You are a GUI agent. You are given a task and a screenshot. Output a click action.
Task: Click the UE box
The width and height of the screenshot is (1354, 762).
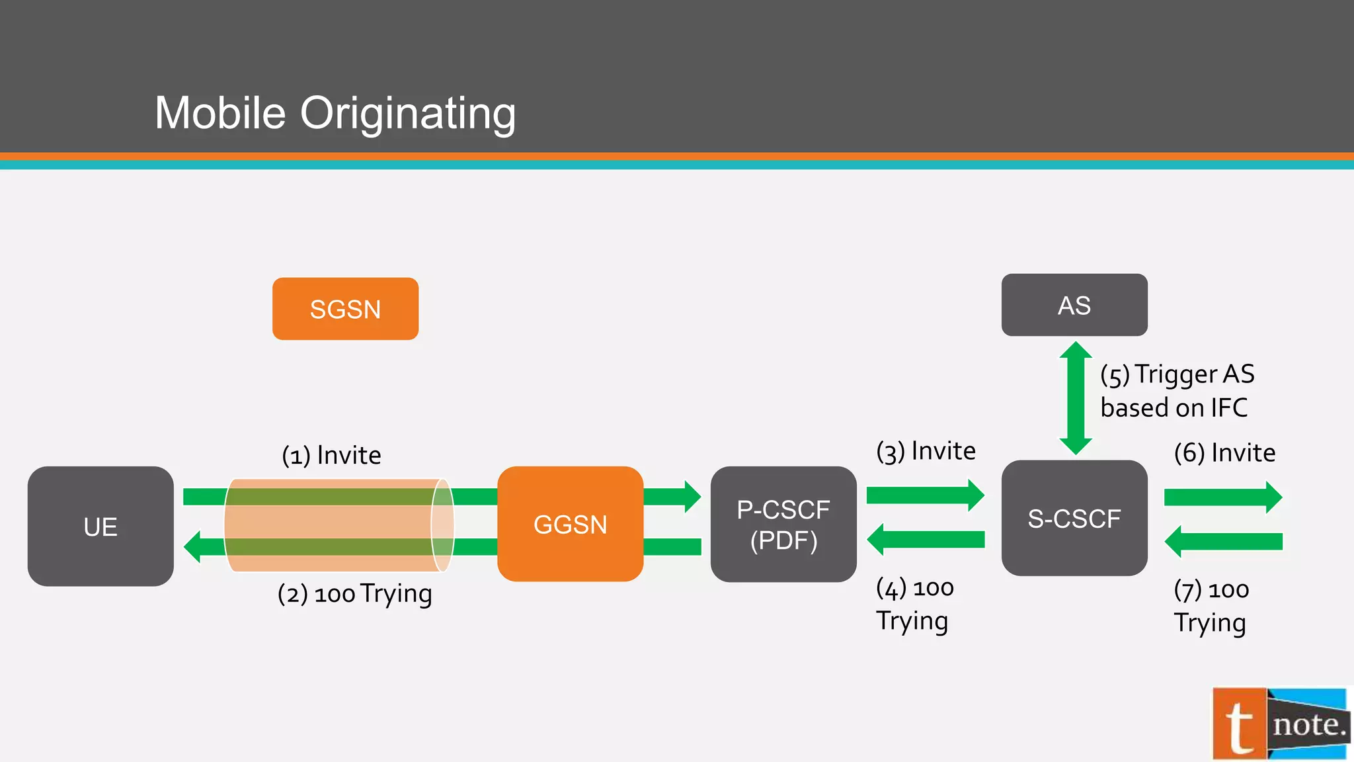[100, 527]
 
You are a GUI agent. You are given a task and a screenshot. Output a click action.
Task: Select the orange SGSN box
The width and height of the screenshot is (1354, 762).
[345, 309]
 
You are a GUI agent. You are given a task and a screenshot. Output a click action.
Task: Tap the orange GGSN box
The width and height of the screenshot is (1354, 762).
[570, 524]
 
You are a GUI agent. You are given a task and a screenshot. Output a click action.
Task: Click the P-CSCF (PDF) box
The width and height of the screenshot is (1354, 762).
[783, 524]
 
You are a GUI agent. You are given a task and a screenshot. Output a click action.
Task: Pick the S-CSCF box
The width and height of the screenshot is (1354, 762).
[1074, 518]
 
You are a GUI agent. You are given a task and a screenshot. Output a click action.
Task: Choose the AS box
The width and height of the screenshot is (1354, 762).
[1074, 305]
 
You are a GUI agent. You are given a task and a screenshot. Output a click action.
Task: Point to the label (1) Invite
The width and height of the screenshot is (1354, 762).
[331, 455]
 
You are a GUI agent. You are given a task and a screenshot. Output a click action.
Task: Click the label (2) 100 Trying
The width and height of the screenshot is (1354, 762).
[354, 593]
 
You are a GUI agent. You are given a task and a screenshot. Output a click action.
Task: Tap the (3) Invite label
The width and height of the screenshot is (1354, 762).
[926, 451]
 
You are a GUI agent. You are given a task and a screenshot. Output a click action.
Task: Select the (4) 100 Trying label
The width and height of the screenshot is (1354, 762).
[914, 604]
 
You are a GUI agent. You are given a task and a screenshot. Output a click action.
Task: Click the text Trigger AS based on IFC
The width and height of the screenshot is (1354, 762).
[1177, 391]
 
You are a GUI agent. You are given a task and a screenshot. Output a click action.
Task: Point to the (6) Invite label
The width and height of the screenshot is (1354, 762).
[1224, 453]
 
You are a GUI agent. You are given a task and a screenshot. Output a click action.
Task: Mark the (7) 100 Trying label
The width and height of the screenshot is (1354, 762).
[1211, 606]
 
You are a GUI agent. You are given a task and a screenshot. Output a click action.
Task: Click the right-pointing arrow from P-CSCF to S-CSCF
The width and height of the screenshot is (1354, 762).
[924, 495]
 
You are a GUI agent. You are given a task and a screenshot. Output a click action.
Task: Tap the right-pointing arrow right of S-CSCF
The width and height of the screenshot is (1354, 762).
[1222, 497]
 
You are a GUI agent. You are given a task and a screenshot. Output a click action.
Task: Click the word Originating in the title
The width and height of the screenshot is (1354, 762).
[408, 113]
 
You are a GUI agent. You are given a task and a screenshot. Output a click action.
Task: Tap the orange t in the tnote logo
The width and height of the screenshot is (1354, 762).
[1240, 725]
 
